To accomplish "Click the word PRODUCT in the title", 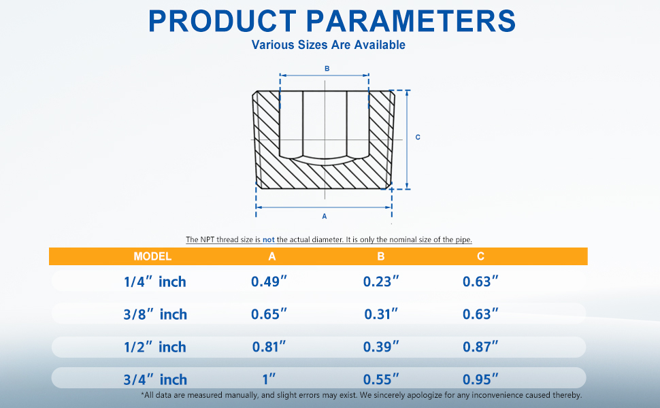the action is point(222,21).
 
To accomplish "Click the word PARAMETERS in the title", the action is point(411,21).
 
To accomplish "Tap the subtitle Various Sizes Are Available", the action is point(329,45).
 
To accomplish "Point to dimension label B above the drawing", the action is point(327,69).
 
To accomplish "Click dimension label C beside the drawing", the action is point(418,137).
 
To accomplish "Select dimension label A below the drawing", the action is point(324,216).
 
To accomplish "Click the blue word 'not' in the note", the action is point(269,240).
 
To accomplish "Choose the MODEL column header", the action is point(152,256).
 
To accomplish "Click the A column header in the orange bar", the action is point(272,256).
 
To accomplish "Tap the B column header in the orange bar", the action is point(381,256).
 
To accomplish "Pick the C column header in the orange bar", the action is point(480,256).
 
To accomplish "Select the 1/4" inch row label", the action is point(155,282).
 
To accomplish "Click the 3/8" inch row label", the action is point(155,314).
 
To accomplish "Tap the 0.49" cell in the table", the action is point(269,282).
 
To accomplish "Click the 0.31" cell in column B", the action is point(381,314).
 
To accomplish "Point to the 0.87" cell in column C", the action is point(480,347).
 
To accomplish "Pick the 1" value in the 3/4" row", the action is point(269,379).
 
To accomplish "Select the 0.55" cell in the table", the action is point(381,379).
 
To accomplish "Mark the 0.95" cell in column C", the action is point(480,379).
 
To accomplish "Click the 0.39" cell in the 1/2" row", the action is point(381,347).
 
